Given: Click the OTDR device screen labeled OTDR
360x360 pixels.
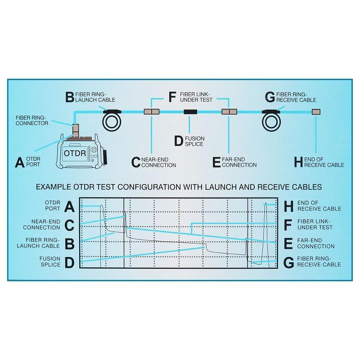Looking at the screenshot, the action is (72, 153).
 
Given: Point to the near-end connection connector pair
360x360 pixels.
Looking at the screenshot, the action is (151, 112).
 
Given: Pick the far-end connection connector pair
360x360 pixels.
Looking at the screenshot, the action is (229, 112).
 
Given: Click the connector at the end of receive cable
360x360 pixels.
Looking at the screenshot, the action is (316, 112).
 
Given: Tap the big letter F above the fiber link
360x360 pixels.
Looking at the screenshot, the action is (172, 97).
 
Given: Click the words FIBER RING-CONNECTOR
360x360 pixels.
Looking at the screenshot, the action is (31, 120).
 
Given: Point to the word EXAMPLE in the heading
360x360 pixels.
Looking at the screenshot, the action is (53, 186).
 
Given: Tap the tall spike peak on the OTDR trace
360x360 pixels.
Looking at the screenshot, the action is (265, 204).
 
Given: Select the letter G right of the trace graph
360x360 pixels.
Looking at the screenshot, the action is (289, 262).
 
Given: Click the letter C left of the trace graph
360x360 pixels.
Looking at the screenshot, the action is (69, 225).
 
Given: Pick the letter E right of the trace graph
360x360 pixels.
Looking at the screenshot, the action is (289, 243).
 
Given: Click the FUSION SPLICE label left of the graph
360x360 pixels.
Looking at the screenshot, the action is (50, 261).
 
